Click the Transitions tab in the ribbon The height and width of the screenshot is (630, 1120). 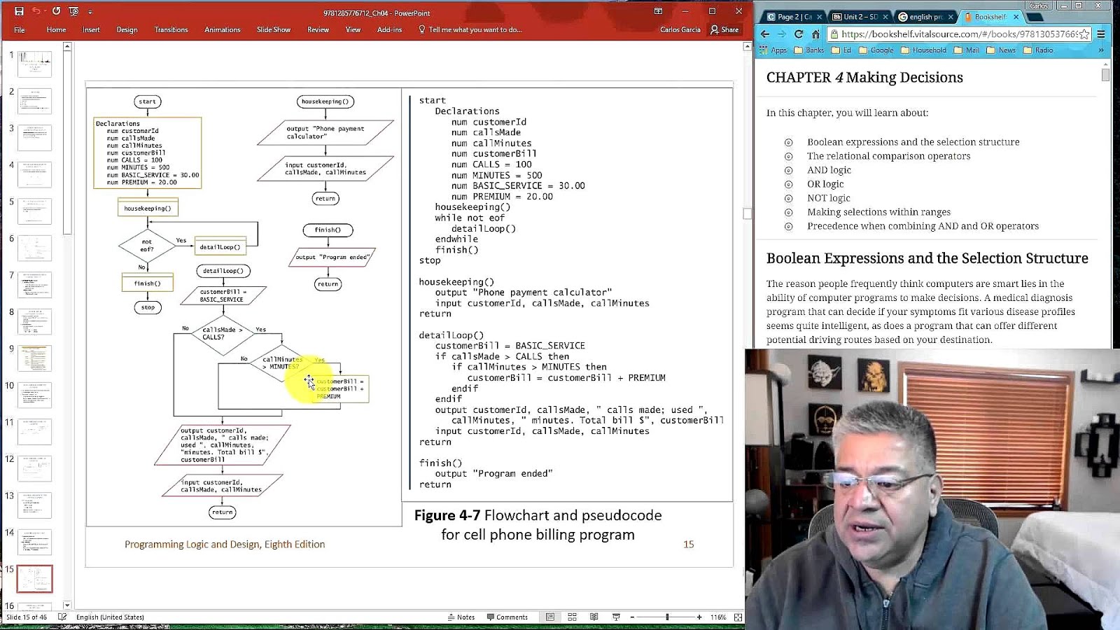(171, 29)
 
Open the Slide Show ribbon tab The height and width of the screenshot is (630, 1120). (273, 29)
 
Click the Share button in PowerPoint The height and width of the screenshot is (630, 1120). (724, 29)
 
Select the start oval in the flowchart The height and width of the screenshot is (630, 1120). (147, 101)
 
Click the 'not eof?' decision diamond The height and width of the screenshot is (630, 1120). (147, 246)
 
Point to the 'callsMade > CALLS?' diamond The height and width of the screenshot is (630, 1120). (223, 334)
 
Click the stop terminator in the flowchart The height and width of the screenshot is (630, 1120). (148, 307)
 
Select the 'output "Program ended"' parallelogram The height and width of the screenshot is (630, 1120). (332, 257)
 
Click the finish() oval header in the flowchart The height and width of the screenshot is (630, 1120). (328, 230)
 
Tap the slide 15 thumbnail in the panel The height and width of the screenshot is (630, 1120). (34, 579)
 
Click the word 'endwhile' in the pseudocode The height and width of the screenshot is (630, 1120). (456, 239)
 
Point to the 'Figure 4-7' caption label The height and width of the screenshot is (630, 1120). (447, 516)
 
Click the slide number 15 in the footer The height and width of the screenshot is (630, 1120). (689, 545)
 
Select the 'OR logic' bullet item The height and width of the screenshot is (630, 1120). (825, 184)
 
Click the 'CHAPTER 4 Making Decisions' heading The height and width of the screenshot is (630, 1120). (864, 78)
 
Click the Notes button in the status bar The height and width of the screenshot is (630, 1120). (461, 617)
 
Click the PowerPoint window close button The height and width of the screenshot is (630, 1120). (738, 11)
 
